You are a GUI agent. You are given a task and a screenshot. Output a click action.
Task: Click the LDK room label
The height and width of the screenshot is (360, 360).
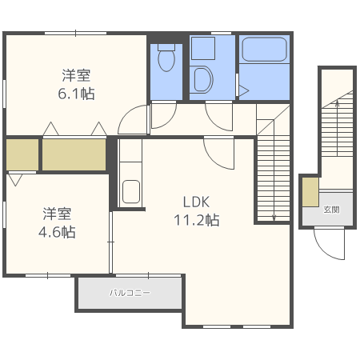[x=195, y=202]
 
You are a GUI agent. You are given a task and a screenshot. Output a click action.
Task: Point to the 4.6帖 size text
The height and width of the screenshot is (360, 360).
[x=58, y=233]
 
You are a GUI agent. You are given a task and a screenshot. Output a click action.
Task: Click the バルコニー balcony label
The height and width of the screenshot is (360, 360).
[x=130, y=294]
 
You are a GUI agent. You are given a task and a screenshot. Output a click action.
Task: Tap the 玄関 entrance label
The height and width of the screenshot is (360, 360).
[x=331, y=210]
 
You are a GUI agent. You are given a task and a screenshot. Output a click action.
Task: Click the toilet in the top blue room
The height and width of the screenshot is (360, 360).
[x=166, y=58]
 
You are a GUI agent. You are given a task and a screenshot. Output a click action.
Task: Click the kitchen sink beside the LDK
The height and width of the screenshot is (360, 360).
[x=131, y=192]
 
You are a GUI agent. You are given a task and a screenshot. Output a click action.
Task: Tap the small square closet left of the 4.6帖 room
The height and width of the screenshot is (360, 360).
[x=22, y=154]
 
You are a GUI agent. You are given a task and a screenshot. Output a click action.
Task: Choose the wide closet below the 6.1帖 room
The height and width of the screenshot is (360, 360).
[x=74, y=154]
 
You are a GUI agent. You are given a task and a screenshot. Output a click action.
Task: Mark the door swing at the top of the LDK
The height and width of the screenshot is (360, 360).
[x=218, y=150]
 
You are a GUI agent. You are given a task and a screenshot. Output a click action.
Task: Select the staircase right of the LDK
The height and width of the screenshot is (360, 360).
[x=272, y=180]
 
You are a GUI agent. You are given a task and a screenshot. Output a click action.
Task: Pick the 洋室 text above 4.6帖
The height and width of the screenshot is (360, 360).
[x=58, y=214]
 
